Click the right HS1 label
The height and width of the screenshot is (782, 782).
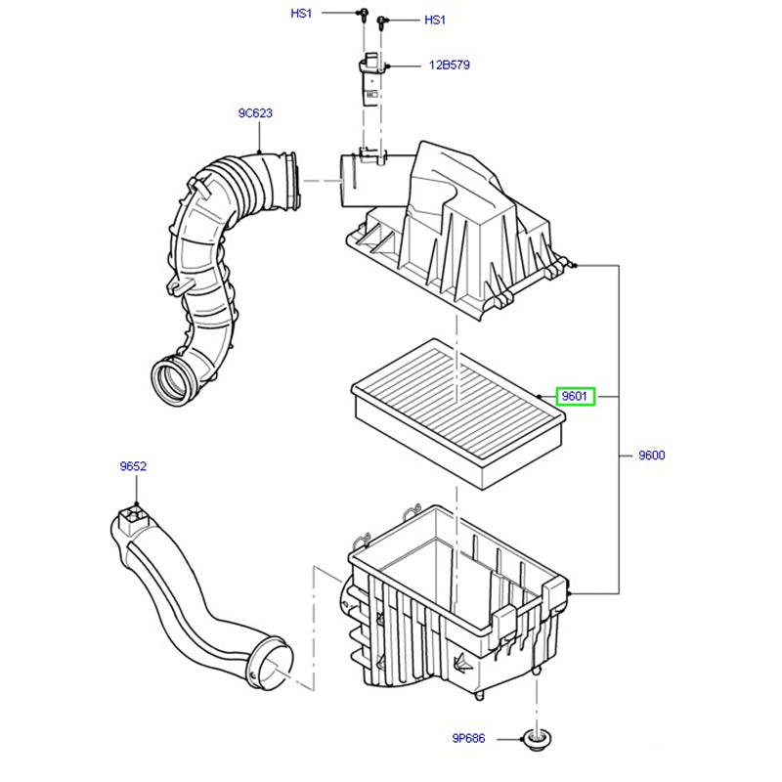pos(434,20)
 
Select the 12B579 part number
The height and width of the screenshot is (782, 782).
pos(449,66)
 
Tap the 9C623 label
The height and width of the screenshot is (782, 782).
pos(255,113)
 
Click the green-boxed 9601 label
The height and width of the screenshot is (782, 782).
pos(574,397)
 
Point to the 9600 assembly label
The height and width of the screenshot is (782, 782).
pos(651,456)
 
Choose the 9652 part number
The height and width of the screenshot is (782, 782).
pos(133,467)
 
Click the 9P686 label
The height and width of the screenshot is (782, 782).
pos(467,739)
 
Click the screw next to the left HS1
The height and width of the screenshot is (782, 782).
pos(362,14)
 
